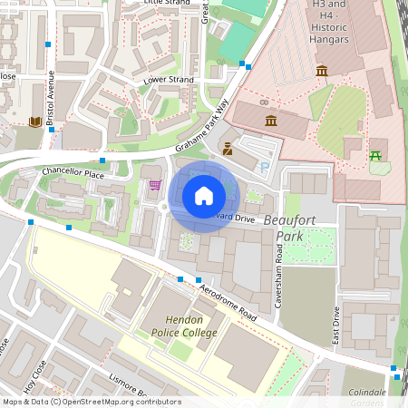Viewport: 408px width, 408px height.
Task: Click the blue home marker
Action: [x=204, y=195]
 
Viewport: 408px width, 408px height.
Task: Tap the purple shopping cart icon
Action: [x=155, y=185]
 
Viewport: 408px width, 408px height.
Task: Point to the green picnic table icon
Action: [x=375, y=155]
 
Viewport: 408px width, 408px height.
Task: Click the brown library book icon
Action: [x=34, y=122]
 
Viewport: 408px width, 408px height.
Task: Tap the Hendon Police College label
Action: [x=191, y=326]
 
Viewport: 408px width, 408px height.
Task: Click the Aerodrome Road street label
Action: [x=228, y=303]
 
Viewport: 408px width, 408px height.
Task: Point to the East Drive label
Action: [x=335, y=325]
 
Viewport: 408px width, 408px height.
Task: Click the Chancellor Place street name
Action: [x=73, y=172]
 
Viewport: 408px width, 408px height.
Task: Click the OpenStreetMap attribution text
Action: [x=91, y=402]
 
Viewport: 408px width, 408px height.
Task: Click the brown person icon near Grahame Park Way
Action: [x=228, y=149]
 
